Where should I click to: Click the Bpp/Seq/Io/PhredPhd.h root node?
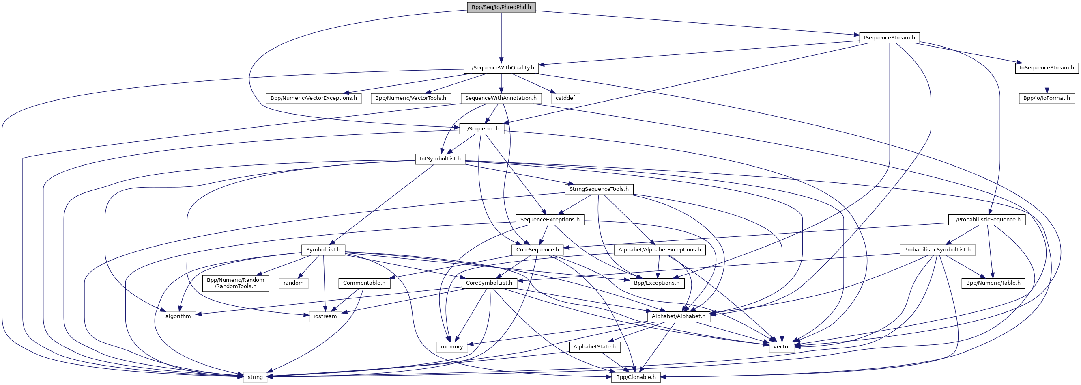(x=501, y=7)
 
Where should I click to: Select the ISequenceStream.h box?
(x=889, y=37)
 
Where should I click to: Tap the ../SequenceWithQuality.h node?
(x=501, y=68)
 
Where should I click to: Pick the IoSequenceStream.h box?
(x=1047, y=68)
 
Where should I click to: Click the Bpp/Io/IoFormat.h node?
(x=1047, y=98)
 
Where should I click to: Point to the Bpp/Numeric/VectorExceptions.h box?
(x=314, y=98)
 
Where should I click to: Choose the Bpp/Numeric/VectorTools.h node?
(x=410, y=98)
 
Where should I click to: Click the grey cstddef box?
(x=565, y=98)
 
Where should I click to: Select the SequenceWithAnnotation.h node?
(x=501, y=98)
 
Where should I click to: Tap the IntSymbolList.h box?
(x=440, y=158)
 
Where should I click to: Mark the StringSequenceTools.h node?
(x=599, y=189)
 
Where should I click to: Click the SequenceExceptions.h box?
(x=550, y=219)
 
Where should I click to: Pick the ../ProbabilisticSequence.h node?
(x=986, y=219)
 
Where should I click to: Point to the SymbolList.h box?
(x=323, y=250)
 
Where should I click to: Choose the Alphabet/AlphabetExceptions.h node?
(x=659, y=250)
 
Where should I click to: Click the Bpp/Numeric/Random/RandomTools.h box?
(x=235, y=283)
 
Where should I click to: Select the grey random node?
(x=293, y=283)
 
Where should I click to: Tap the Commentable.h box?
(x=364, y=283)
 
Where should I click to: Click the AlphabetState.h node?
(x=594, y=346)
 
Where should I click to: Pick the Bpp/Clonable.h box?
(x=635, y=377)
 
